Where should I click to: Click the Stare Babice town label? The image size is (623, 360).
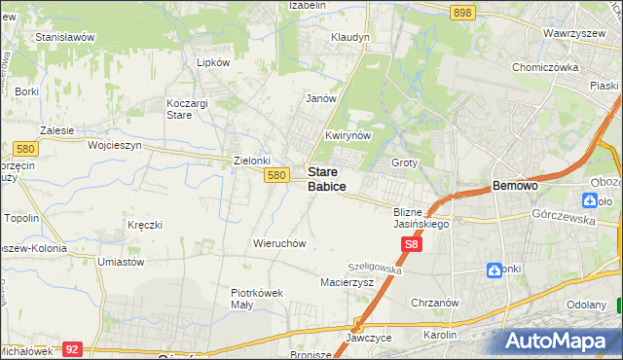click(327, 178)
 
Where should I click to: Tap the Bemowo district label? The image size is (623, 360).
click(516, 185)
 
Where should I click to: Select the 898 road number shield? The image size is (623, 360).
click(462, 12)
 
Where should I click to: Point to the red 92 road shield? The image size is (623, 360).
click(71, 347)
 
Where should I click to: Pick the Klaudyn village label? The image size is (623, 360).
click(350, 37)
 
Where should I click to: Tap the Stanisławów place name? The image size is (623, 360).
click(64, 37)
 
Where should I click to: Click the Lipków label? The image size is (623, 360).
click(213, 61)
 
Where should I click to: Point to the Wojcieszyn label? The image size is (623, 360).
click(115, 145)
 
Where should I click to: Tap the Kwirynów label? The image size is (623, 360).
click(348, 135)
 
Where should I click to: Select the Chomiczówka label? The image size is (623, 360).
click(545, 67)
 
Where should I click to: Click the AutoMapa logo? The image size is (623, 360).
click(563, 342)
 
